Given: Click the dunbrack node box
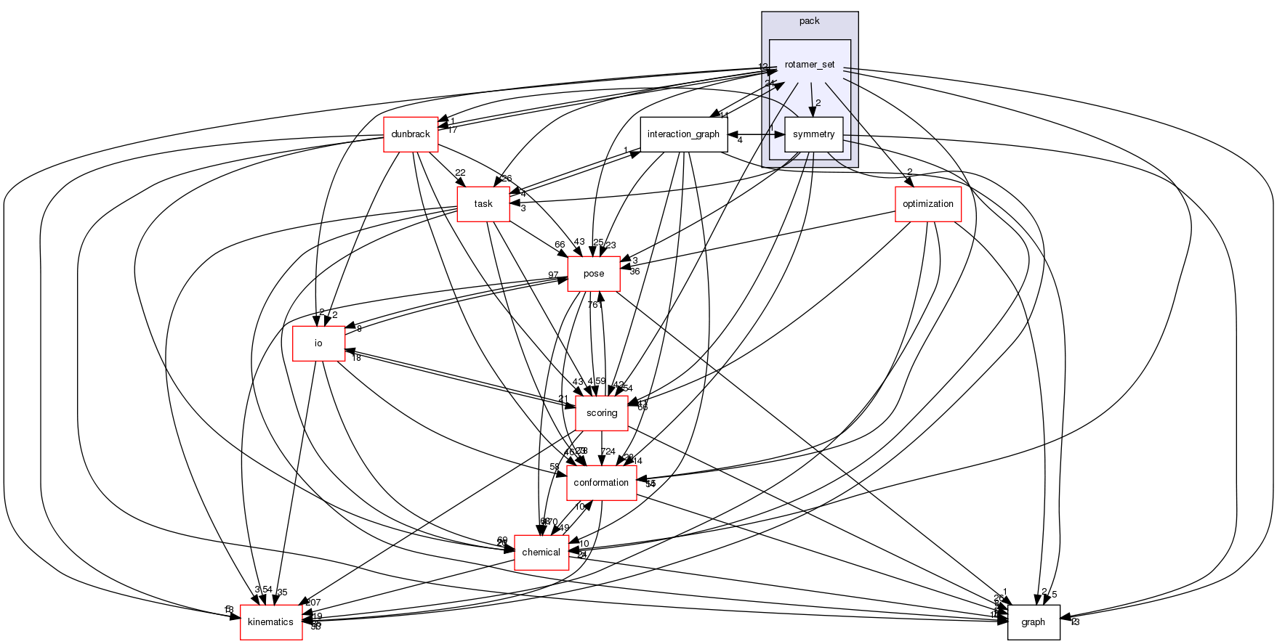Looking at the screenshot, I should pyautogui.click(x=411, y=134).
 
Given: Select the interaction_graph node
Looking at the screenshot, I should pyautogui.click(x=683, y=134).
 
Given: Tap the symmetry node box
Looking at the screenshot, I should pyautogui.click(x=813, y=134).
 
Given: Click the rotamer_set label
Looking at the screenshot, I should pyautogui.click(x=810, y=65).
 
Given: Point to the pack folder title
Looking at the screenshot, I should pyautogui.click(x=809, y=20).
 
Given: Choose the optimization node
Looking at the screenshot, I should pyautogui.click(x=927, y=204).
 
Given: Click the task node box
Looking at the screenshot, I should pyautogui.click(x=483, y=204).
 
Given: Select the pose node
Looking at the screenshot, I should pyautogui.click(x=594, y=274).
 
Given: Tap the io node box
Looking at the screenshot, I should pyautogui.click(x=318, y=343).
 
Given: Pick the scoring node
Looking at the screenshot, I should pyautogui.click(x=602, y=413).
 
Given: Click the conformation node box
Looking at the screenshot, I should pyautogui.click(x=601, y=483).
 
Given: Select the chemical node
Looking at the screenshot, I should pyautogui.click(x=541, y=553).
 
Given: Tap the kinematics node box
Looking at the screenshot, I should pyautogui.click(x=271, y=622).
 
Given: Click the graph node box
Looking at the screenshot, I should pyautogui.click(x=1033, y=622).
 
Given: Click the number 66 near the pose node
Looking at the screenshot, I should pyautogui.click(x=560, y=245).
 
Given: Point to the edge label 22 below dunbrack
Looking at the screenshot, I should pyautogui.click(x=460, y=173).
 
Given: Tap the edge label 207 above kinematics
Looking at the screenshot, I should pyautogui.click(x=313, y=603).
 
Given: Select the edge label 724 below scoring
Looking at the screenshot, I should pyautogui.click(x=608, y=452).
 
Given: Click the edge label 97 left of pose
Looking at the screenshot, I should pyautogui.click(x=553, y=275).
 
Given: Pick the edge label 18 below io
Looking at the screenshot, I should pyautogui.click(x=356, y=358).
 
